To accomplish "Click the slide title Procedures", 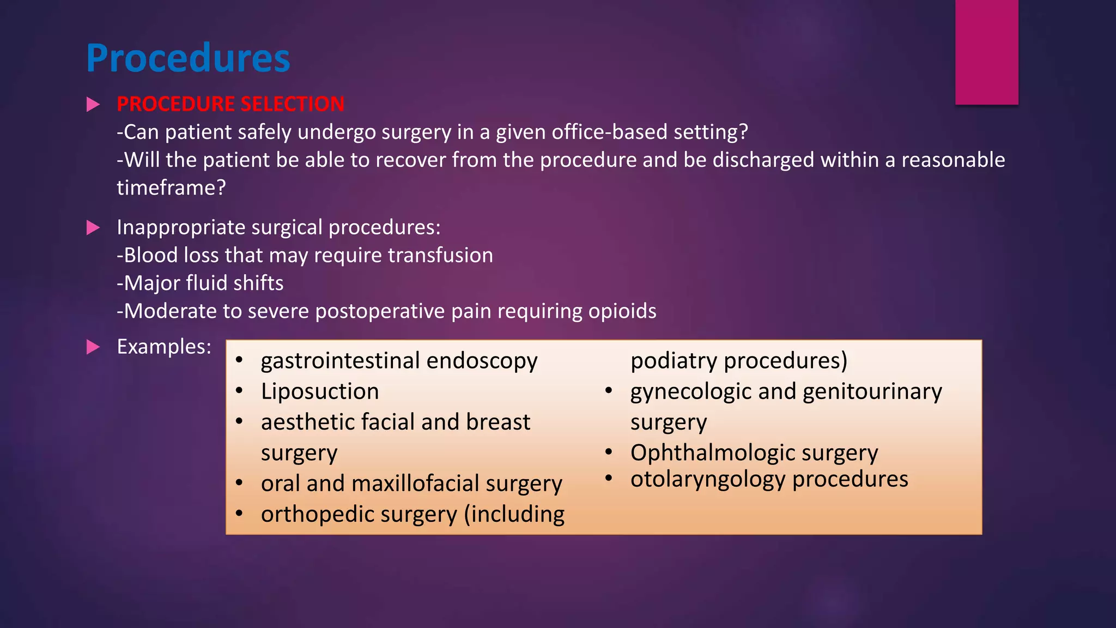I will pyautogui.click(x=188, y=58).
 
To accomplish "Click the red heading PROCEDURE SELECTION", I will pyautogui.click(x=231, y=104).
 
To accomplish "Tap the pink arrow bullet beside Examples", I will pyautogui.click(x=93, y=347).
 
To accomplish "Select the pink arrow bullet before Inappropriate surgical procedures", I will pyautogui.click(x=93, y=228).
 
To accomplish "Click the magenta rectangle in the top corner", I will pyautogui.click(x=986, y=52).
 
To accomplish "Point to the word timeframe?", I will pyautogui.click(x=171, y=188).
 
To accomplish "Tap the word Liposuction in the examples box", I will pyautogui.click(x=320, y=391).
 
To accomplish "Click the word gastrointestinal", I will pyautogui.click(x=341, y=361).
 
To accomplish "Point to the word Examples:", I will pyautogui.click(x=164, y=347).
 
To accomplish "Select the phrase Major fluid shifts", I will pyautogui.click(x=200, y=283).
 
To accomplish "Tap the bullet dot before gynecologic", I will pyautogui.click(x=609, y=391).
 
